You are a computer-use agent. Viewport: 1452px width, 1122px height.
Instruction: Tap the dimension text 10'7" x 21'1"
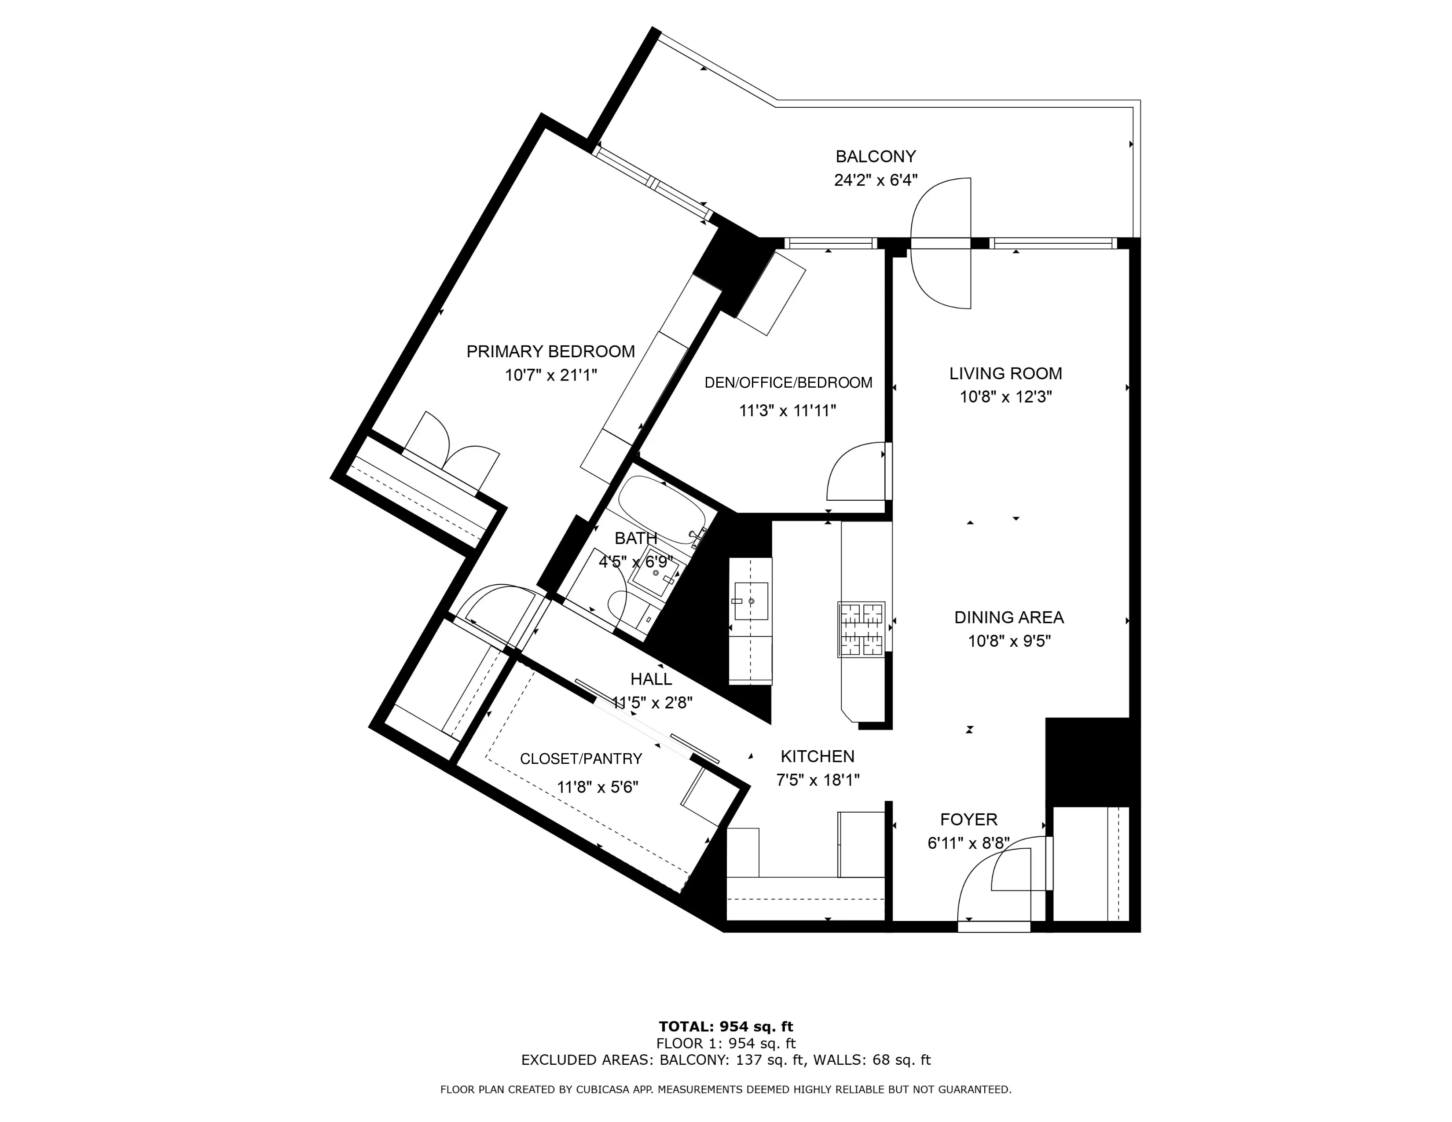point(550,375)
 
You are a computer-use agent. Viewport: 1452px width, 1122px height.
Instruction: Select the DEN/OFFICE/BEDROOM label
point(788,383)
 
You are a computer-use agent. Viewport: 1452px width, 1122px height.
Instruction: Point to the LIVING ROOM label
point(1005,374)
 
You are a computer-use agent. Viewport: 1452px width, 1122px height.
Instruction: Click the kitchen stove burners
point(862,628)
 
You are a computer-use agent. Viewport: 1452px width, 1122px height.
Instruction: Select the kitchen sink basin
point(751,601)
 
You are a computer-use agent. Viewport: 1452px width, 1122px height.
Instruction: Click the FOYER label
point(969,820)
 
